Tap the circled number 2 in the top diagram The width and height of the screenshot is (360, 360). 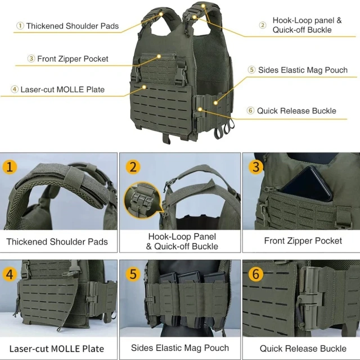(x=263, y=25)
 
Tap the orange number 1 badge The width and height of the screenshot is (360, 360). (x=10, y=167)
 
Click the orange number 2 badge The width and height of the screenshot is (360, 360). (x=133, y=167)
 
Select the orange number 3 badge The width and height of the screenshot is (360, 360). (x=256, y=167)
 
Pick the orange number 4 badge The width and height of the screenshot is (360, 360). (x=10, y=274)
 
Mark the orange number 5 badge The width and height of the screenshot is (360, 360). (x=133, y=274)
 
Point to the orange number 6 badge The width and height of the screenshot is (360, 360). (x=256, y=274)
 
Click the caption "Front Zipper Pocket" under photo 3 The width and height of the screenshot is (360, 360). (x=303, y=241)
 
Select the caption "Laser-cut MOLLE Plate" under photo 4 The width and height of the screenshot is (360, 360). (x=56, y=349)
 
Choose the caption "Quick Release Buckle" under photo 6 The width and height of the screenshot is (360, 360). (x=303, y=349)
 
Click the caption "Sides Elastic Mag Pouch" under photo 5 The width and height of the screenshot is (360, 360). (x=179, y=348)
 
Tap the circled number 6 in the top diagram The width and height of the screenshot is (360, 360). (x=250, y=111)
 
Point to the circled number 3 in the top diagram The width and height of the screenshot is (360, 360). (x=31, y=58)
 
